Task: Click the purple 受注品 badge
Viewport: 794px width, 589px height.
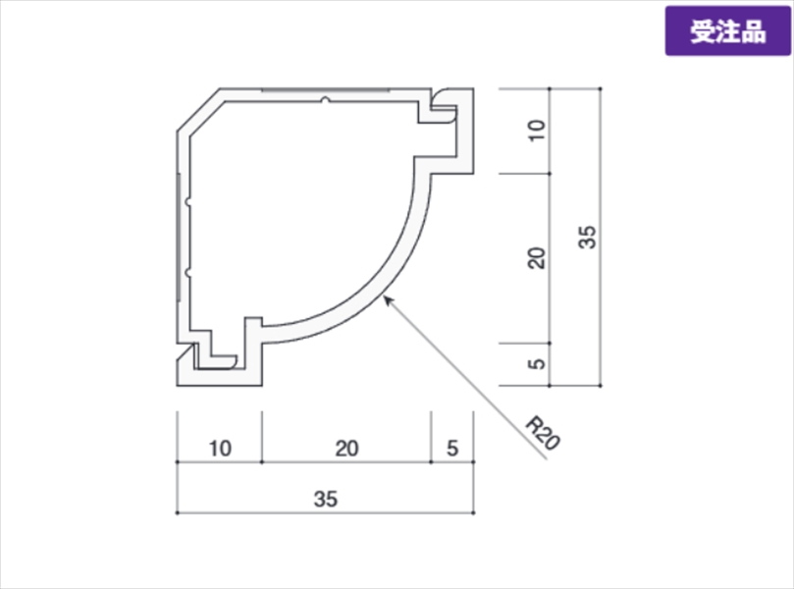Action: tap(727, 30)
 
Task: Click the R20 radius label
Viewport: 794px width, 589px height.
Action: tap(543, 433)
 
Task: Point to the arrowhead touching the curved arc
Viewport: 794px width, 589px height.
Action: tap(389, 300)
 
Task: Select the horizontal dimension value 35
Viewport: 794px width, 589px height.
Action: tap(325, 499)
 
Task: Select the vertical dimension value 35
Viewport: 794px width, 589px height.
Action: tap(587, 237)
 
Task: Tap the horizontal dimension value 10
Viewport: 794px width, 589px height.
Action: tap(220, 449)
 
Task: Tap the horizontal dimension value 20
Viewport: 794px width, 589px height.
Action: tap(346, 449)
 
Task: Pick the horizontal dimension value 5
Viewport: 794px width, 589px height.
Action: tap(452, 449)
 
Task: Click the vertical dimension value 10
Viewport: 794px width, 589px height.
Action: tap(537, 131)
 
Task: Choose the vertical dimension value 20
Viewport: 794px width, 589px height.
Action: tap(537, 258)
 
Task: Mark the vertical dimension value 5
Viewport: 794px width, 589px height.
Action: tap(537, 363)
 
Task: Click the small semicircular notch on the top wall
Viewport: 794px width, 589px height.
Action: tap(325, 100)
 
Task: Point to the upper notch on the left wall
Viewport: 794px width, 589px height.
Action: tap(188, 202)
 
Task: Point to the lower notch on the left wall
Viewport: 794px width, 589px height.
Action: tap(188, 273)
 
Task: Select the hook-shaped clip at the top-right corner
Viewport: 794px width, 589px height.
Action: tap(445, 107)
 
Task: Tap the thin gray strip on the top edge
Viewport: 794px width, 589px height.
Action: tap(325, 90)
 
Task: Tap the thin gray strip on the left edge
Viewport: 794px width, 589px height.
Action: tap(179, 237)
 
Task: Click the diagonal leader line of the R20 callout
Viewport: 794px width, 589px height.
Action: tap(465, 377)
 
